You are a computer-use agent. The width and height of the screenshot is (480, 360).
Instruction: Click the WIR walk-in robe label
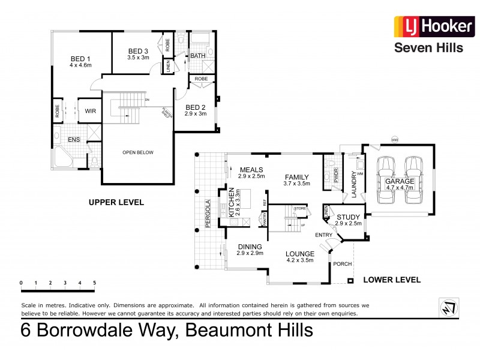point(91,110)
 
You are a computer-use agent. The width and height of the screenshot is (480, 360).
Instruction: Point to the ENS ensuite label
point(74,140)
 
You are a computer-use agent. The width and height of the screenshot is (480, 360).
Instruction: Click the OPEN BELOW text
point(138,152)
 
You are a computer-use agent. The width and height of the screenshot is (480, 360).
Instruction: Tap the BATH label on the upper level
point(198,56)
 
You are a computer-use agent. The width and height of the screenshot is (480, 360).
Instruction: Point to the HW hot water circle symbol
point(394,140)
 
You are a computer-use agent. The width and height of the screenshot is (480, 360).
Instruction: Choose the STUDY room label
point(348,217)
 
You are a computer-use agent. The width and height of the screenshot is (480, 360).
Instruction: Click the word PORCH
point(343,264)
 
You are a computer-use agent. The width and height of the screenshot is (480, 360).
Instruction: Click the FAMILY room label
point(296,177)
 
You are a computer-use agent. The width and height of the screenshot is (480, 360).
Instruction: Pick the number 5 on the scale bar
point(94,282)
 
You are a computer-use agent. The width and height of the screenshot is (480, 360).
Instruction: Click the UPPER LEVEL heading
point(116,202)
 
